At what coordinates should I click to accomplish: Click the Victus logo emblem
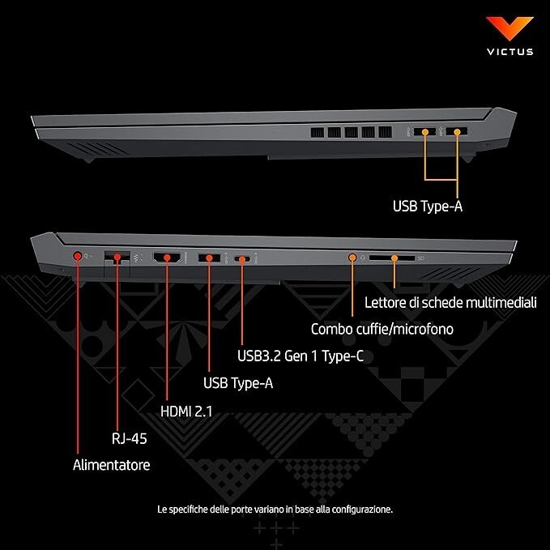509,28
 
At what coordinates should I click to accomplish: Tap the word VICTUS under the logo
510,52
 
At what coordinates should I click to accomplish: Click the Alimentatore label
112,465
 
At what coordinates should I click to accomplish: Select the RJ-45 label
129,438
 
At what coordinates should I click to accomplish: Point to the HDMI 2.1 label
186,411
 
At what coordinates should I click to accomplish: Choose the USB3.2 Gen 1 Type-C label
301,356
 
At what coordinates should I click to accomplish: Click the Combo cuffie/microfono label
382,329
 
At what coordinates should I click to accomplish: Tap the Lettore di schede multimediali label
450,302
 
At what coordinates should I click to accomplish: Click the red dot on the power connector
78,256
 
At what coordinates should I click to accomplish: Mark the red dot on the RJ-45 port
117,257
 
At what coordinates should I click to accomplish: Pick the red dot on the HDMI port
167,258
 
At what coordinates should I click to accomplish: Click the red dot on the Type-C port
242,259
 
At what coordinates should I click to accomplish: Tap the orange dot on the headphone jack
352,258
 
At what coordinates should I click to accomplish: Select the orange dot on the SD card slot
394,258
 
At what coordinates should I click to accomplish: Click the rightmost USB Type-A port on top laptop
456,131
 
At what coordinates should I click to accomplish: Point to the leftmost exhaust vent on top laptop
318,132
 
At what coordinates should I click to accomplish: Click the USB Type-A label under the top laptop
428,207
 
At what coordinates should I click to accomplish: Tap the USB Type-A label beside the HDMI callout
238,383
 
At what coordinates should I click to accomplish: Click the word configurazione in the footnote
362,509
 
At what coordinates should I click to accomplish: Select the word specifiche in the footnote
188,509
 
